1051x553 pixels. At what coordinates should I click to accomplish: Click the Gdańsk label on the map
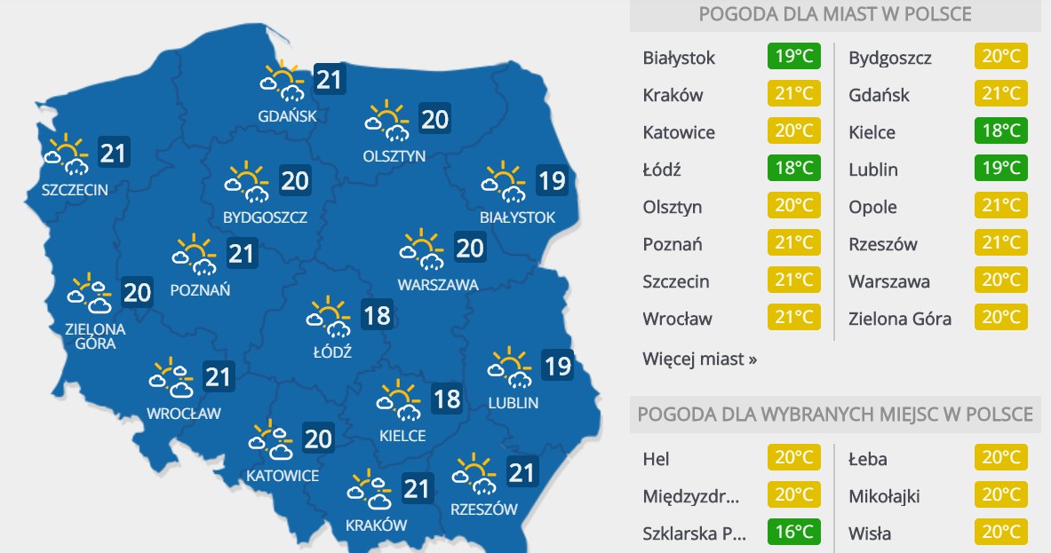point(287,115)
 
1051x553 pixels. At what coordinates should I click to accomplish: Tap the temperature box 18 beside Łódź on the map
point(377,315)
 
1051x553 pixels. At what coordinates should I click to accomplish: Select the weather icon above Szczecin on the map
point(68,154)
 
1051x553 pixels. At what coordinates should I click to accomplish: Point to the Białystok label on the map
point(517,217)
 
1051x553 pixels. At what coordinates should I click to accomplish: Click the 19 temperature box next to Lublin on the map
point(557,365)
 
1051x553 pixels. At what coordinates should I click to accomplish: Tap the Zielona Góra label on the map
point(95,336)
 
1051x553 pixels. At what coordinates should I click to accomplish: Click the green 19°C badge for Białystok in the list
point(794,58)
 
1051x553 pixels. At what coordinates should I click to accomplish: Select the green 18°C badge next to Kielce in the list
point(1000,132)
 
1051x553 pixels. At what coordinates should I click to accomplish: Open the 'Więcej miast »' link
point(700,359)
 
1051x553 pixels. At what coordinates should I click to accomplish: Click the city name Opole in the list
point(872,207)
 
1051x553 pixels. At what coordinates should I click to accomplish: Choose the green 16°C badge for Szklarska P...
point(794,533)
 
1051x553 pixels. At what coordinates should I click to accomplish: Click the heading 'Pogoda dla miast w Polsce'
point(834,14)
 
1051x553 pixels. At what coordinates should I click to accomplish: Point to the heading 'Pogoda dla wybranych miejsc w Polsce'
point(834,415)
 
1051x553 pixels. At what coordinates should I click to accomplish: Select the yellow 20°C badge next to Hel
point(794,459)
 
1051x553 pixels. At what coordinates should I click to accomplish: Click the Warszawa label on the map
point(438,285)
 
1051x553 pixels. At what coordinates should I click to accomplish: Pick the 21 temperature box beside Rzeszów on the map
point(522,471)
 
